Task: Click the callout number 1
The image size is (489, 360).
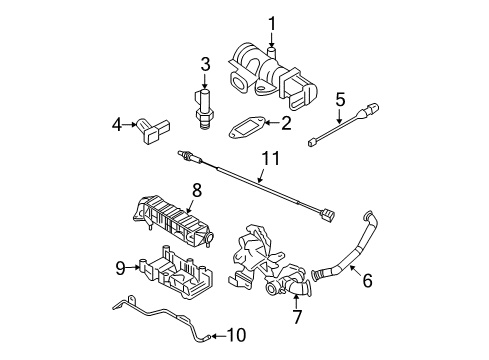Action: point(270,22)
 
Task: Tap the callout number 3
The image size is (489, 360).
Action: point(205,65)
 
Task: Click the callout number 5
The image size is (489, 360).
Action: point(339,99)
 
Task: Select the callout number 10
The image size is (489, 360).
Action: point(236,334)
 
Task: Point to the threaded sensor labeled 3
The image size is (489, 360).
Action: point(205,105)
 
